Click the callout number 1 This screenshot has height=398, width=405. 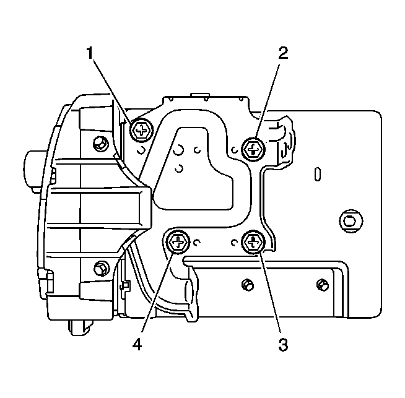[90, 53]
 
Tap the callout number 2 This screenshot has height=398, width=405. [283, 53]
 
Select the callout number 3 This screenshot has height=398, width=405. [283, 344]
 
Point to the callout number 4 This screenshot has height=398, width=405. [137, 344]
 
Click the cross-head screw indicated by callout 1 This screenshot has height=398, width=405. [141, 131]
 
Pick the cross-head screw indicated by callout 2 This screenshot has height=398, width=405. [253, 149]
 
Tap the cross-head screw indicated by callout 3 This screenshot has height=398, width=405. [253, 242]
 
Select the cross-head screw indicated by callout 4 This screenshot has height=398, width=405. [178, 242]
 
